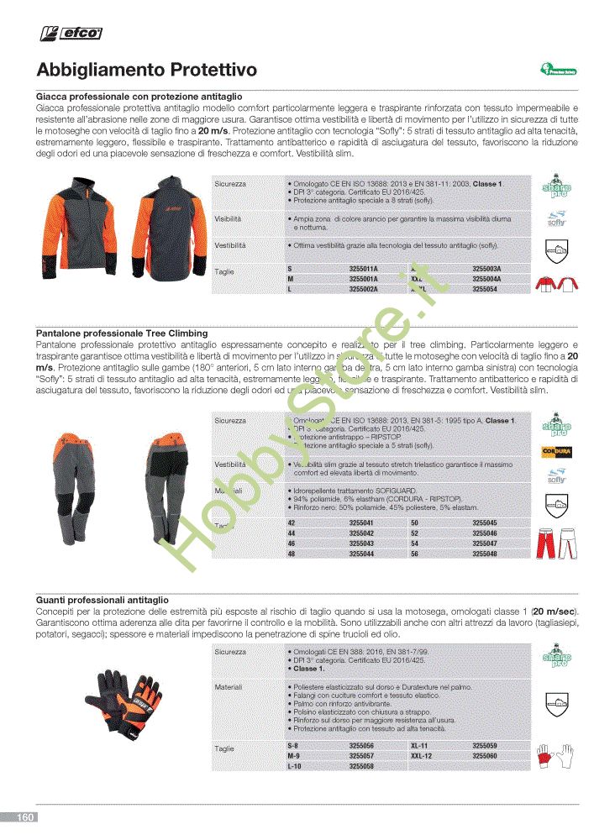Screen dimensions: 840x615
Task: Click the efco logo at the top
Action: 72,33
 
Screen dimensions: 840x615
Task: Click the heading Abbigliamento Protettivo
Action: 147,69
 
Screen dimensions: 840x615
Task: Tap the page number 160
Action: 25,817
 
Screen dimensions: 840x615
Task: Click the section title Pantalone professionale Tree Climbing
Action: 122,333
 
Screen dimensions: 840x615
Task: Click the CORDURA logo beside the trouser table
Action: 555,451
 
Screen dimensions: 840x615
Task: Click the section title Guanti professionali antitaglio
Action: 102,600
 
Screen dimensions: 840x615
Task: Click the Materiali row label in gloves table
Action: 229,687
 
